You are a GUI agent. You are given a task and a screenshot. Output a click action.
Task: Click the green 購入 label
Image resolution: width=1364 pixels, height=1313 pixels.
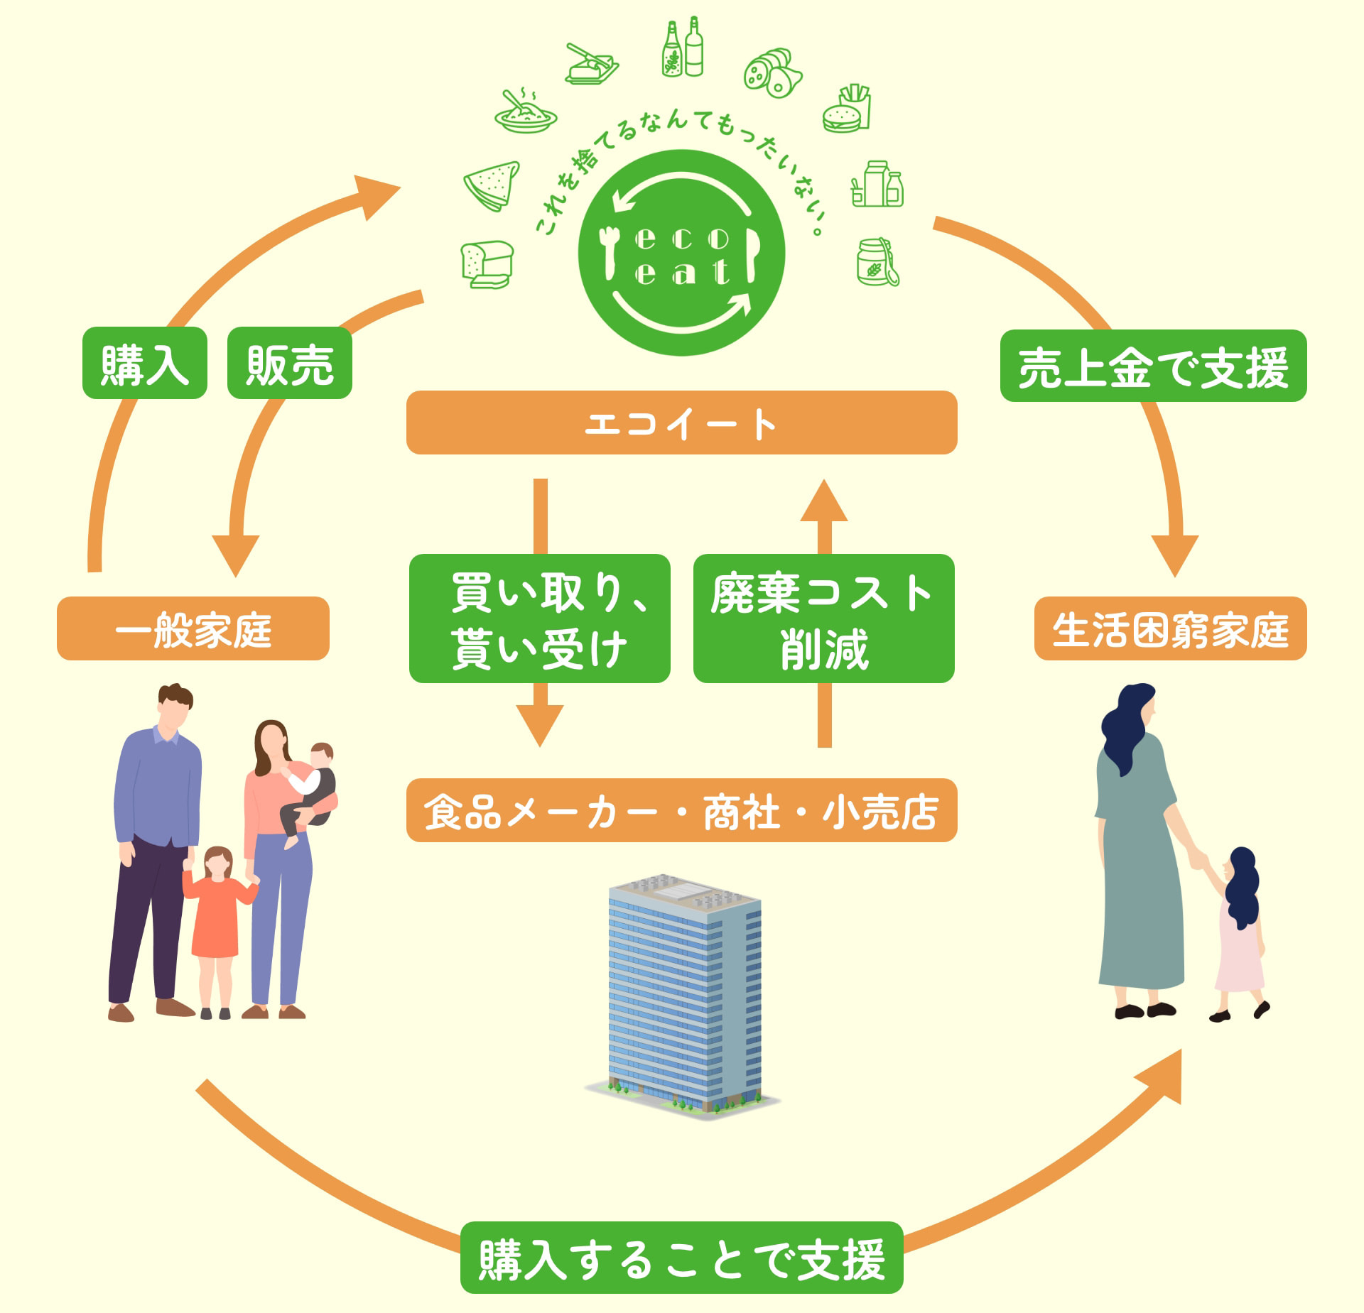(x=145, y=364)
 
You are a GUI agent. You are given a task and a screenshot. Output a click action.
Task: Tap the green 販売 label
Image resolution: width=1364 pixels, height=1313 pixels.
(x=290, y=364)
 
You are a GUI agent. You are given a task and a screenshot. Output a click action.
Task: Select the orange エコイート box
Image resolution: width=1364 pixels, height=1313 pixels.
(x=681, y=423)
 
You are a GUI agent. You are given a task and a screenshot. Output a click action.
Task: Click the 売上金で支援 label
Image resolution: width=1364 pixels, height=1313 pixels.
(x=1153, y=366)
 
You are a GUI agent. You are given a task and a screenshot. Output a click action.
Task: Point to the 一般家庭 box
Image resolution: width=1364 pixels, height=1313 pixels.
(x=193, y=628)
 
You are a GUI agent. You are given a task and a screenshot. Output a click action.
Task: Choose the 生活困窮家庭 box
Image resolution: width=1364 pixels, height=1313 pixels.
(x=1170, y=628)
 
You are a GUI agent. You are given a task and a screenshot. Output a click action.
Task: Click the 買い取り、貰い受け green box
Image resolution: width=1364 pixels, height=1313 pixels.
(x=540, y=619)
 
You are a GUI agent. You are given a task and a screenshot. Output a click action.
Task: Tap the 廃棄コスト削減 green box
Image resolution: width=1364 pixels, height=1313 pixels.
(x=823, y=619)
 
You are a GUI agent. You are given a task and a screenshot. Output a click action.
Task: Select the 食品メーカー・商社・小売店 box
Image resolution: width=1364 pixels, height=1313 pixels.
(x=681, y=810)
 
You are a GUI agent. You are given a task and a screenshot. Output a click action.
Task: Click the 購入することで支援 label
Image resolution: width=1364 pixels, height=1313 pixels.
(x=681, y=1258)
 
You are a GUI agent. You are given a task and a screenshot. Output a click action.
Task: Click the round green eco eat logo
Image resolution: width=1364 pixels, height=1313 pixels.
(x=681, y=253)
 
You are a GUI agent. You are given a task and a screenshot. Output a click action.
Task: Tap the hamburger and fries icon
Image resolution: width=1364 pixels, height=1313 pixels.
(x=847, y=109)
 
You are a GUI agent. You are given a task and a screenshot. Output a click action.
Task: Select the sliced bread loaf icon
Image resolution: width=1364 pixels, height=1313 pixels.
(x=487, y=264)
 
